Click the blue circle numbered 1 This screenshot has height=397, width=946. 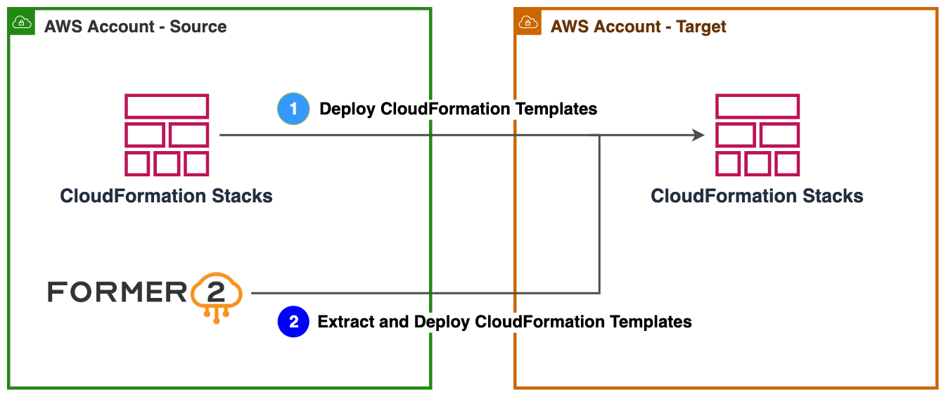pos(293,109)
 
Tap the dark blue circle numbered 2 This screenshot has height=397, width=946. pos(293,322)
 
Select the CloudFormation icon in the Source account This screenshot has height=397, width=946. pos(167,135)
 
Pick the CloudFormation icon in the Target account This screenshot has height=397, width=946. pos(758,135)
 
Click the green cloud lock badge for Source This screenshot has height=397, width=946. pos(21,22)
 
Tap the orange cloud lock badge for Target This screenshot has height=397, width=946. pos(528,22)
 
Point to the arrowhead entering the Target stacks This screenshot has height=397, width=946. pos(698,135)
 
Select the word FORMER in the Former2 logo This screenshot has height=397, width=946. pos(117,292)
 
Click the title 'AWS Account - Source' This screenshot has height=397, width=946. pos(135,27)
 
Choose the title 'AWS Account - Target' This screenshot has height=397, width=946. pos(638,27)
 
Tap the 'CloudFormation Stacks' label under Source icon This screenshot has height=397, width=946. pos(167,195)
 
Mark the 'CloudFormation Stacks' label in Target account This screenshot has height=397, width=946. pos(758,195)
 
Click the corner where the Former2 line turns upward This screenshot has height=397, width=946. pos(599,293)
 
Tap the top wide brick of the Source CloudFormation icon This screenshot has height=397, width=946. pos(167,107)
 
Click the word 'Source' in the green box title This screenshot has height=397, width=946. pos(198,27)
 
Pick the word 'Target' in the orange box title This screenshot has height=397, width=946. pos(701,27)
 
